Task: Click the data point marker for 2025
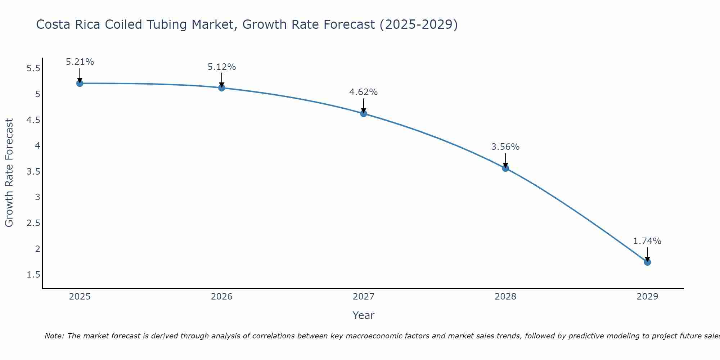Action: tap(80, 84)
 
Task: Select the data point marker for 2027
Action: tap(364, 114)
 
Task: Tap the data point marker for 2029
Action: tap(647, 262)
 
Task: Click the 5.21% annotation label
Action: tap(80, 62)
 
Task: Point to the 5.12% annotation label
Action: tap(222, 67)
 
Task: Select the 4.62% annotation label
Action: tap(364, 92)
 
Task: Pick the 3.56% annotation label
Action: tap(505, 147)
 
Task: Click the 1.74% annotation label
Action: tap(647, 241)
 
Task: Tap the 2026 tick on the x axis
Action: tap(222, 297)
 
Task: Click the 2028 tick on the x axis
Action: tap(505, 297)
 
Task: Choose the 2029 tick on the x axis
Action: tap(647, 297)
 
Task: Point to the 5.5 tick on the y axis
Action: tap(33, 68)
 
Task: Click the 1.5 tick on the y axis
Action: tap(33, 275)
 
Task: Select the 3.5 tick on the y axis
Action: tap(33, 172)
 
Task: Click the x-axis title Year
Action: tap(364, 315)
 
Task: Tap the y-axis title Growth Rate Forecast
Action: tap(9, 173)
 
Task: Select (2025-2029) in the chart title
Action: tap(419, 25)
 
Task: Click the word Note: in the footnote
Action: tap(54, 336)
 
